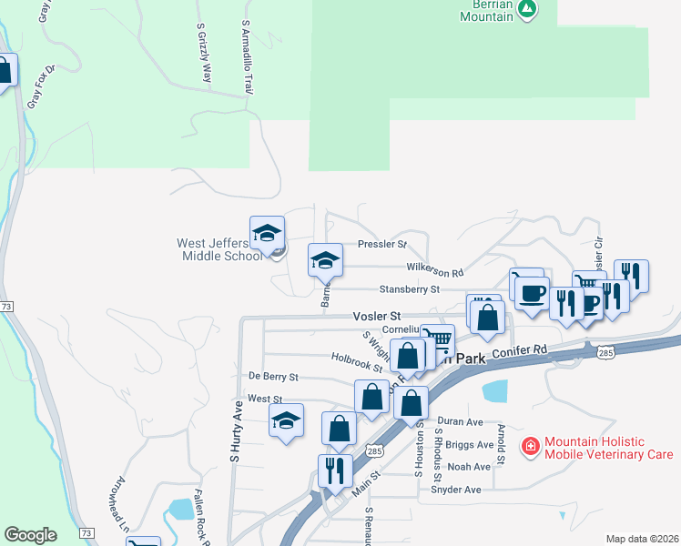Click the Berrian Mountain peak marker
pos(526,9)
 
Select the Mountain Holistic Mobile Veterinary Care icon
pos(529,446)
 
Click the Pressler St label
pos(381,245)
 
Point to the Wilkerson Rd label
pos(435,271)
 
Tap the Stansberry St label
pos(409,289)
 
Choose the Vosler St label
pos(371,316)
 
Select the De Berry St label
pos(273,376)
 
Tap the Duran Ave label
pos(460,421)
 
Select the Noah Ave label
pos(474,467)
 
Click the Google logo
pos(30,535)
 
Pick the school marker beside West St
pos(286,421)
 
